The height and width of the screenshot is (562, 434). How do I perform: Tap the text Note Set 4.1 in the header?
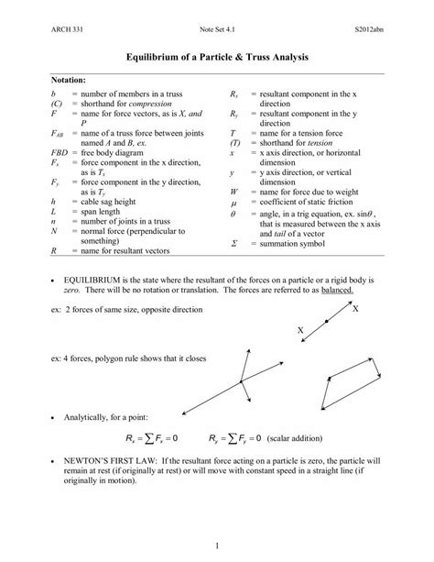coord(216,31)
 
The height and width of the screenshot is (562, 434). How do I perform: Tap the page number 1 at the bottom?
coord(216,548)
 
